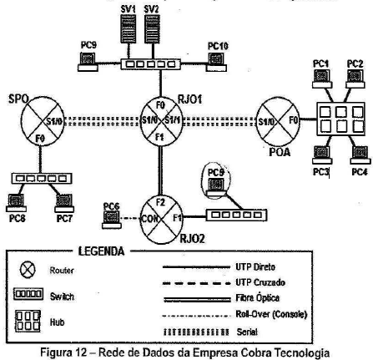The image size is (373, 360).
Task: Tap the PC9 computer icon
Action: [86, 61]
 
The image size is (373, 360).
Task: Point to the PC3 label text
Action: [320, 171]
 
